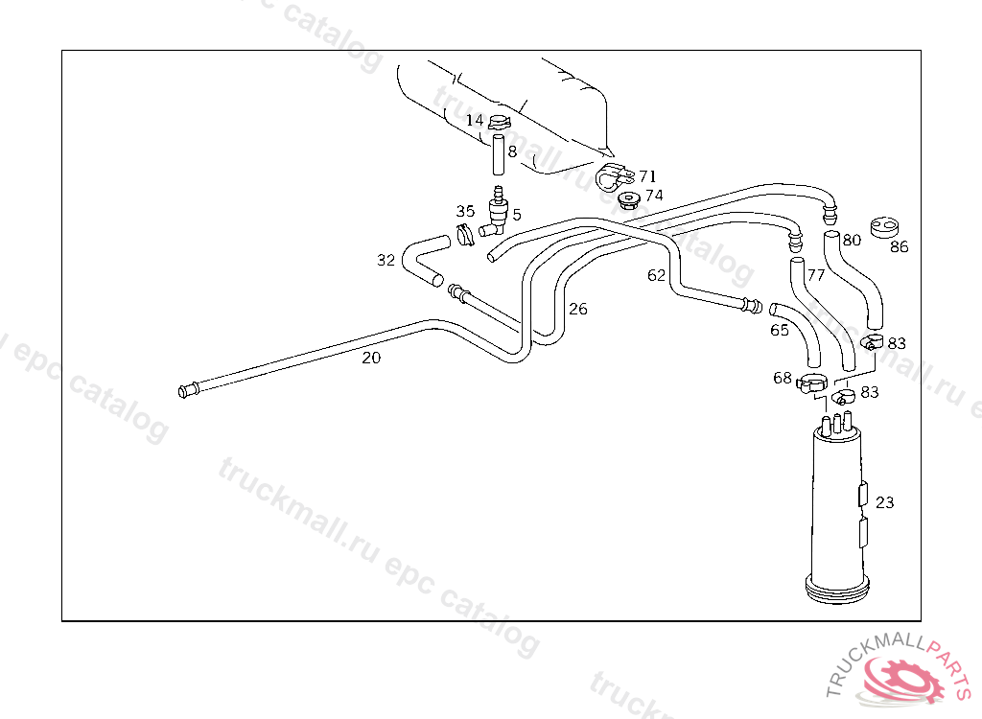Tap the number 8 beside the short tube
(513, 151)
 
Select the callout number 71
(647, 176)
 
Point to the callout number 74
(654, 196)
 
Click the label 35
(465, 212)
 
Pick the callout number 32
(386, 260)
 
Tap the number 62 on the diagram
(656, 275)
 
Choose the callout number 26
(577, 309)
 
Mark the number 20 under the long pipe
(371, 359)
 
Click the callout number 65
(780, 331)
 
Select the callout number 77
(816, 275)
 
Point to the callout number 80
(852, 240)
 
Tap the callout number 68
(783, 378)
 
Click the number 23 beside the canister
(884, 502)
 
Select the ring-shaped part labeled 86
(884, 227)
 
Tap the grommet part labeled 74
(628, 199)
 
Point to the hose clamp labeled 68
(811, 384)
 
